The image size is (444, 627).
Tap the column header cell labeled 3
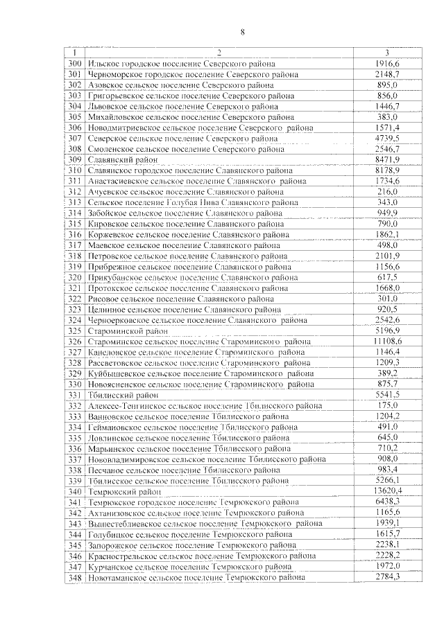point(387,53)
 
